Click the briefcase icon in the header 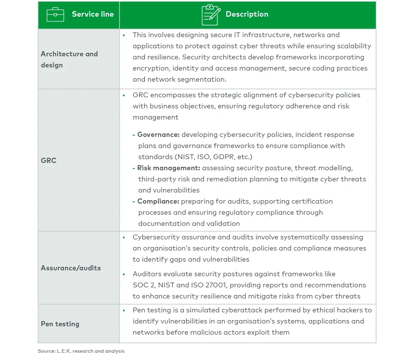55,15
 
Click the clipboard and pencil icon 211,15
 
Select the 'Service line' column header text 92,14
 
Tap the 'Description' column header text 247,14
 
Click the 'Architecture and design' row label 69,59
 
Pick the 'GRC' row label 49,161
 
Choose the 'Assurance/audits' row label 71,268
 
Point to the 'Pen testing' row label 60,324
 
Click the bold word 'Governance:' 158,134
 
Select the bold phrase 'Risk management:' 169,168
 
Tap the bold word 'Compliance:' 158,201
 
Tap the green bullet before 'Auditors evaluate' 124,274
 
